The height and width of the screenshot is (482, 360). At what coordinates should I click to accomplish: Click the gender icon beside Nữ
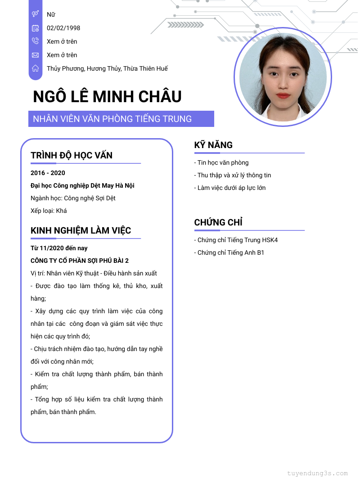(x=36, y=14)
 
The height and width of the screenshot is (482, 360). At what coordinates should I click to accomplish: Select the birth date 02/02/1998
(x=63, y=28)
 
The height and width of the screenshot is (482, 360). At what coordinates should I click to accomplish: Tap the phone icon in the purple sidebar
(x=36, y=41)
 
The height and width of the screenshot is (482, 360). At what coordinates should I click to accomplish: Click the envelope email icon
(x=36, y=55)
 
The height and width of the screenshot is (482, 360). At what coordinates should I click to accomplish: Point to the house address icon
(x=36, y=68)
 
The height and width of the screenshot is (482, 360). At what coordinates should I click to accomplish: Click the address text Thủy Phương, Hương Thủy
(x=107, y=68)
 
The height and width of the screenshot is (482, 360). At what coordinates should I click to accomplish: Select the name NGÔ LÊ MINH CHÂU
(x=107, y=97)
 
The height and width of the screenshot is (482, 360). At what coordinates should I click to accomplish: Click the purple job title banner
(x=121, y=119)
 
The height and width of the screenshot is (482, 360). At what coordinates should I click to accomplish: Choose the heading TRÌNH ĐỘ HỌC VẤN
(x=72, y=155)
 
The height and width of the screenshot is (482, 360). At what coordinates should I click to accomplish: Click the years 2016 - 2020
(x=48, y=173)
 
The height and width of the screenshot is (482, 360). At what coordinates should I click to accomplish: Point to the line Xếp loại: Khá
(x=49, y=211)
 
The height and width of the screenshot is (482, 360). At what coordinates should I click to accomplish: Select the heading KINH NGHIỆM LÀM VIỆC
(x=81, y=230)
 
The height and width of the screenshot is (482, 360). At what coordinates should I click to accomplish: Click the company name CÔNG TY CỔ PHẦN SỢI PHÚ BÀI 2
(x=80, y=261)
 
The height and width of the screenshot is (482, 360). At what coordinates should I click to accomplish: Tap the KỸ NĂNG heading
(x=213, y=145)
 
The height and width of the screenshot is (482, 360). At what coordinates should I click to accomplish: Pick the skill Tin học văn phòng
(x=221, y=162)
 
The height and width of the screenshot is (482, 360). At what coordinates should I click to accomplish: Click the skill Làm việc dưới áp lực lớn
(x=230, y=188)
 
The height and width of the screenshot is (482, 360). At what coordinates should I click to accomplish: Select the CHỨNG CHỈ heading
(x=218, y=222)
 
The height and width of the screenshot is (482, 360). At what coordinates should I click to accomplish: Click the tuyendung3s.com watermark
(x=317, y=473)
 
